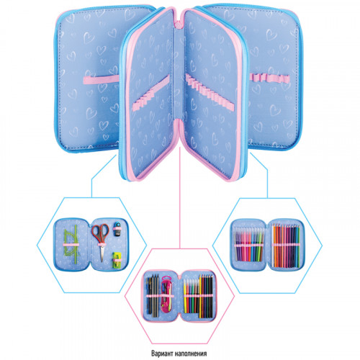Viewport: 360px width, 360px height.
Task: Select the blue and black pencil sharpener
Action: click(117, 228)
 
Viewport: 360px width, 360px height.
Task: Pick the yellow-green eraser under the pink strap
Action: click(117, 260)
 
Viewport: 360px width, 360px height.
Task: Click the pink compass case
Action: click(166, 294)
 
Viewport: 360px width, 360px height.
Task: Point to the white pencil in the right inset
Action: click(274, 246)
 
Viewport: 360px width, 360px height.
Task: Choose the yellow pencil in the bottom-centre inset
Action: click(200, 297)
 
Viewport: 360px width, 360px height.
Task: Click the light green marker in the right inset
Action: click(257, 245)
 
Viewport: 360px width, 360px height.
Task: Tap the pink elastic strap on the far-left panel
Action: click(102, 79)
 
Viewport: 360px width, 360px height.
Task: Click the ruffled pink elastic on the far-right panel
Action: click(269, 78)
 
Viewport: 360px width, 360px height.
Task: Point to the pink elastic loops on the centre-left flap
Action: click(151, 93)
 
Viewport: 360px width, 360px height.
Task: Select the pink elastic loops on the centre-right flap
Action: click(210, 92)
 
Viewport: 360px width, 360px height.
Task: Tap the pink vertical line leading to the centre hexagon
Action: click(180, 198)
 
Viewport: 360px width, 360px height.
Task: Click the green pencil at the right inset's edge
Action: click(298, 246)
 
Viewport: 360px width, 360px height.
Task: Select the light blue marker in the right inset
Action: click(253, 245)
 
